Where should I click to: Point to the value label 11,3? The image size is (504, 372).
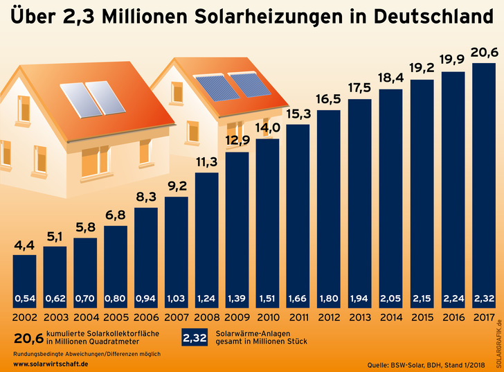pos(207,163)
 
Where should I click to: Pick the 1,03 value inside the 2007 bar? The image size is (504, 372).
pos(177,299)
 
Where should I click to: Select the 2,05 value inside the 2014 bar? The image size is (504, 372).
pos(390,299)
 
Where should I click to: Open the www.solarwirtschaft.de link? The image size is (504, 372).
pos(51,364)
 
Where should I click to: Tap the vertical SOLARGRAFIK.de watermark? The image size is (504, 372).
pos(498,339)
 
